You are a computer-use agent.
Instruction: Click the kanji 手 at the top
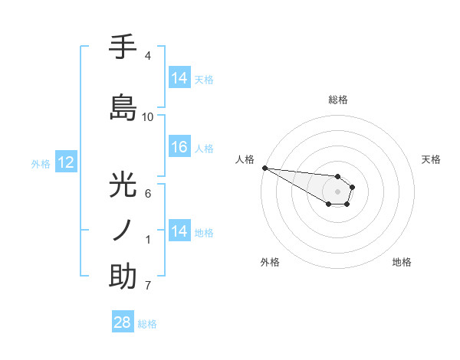tap(123, 47)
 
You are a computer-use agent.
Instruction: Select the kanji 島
tap(123, 107)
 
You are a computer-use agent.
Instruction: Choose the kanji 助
tap(123, 276)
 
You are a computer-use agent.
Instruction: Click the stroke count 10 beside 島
tap(148, 117)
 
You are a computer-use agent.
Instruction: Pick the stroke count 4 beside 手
tap(147, 56)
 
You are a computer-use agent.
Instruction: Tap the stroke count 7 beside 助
tap(147, 286)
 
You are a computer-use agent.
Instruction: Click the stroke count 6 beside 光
tap(147, 194)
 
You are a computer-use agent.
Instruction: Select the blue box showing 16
tap(179, 147)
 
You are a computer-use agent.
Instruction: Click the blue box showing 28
tap(123, 322)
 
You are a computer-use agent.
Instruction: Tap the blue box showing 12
tap(65, 162)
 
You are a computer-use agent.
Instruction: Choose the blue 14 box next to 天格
tap(179, 78)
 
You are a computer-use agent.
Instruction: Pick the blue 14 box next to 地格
tap(179, 231)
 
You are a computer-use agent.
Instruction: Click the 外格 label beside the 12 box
tap(41, 163)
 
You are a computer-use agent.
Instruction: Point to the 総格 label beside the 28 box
tap(147, 324)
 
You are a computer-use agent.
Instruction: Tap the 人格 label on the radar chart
tap(245, 159)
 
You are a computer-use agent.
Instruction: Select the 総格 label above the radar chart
tap(337, 100)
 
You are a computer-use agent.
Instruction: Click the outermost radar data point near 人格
tap(264, 168)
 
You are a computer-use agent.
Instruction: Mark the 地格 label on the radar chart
tap(402, 262)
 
